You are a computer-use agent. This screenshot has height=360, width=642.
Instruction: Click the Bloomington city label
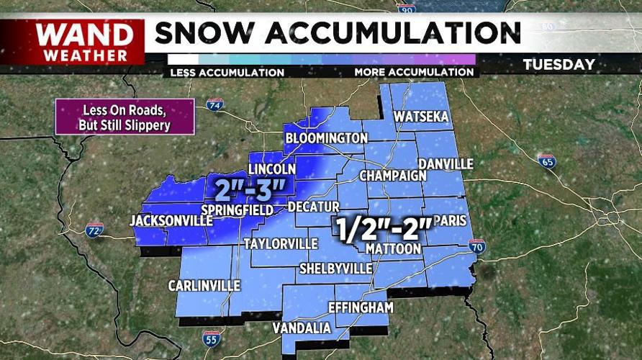coord(326,138)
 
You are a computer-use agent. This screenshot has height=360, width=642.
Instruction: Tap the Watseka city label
coord(421,117)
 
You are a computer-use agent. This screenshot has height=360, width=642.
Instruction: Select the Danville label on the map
coord(445,164)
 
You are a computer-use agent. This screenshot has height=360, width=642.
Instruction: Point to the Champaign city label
coord(389,176)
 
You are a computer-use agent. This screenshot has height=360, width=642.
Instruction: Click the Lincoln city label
coord(272,169)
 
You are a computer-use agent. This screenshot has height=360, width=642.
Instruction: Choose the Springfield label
coord(236,210)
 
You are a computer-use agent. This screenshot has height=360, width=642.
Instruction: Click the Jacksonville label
coord(168,220)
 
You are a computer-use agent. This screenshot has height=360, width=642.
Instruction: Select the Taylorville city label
coord(280,243)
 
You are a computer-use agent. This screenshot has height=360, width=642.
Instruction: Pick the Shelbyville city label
coord(335,269)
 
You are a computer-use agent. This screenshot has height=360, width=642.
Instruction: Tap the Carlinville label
coord(204,286)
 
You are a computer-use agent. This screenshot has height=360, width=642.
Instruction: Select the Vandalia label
coord(302,328)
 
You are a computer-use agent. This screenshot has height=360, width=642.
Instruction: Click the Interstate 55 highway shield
coord(211,338)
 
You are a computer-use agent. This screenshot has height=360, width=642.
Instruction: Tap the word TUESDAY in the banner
coord(559,65)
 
